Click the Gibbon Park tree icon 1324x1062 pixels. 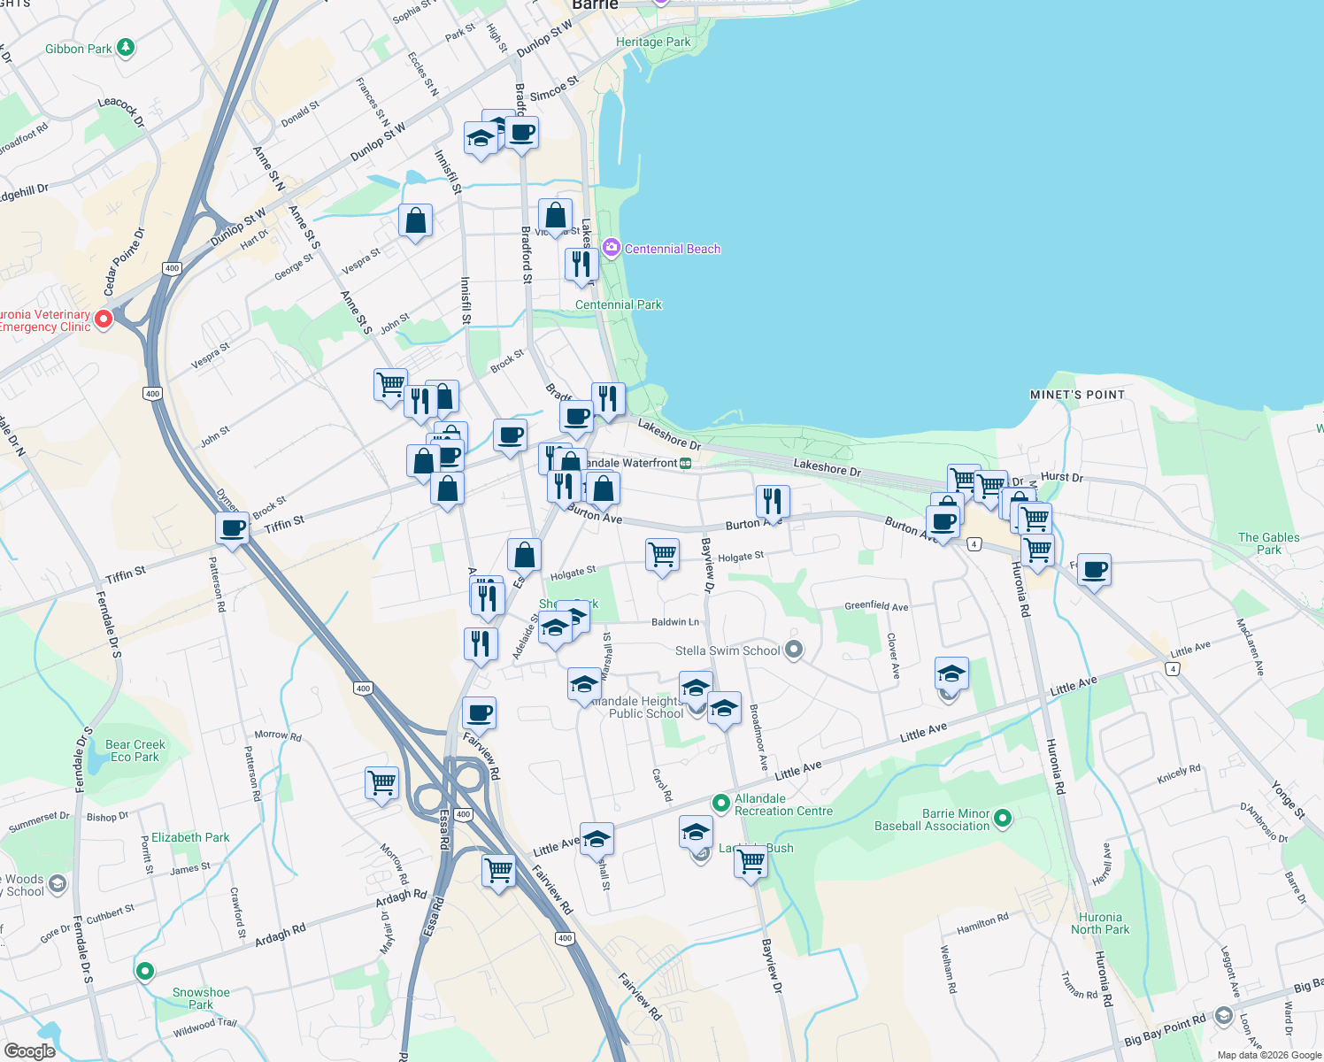tap(126, 47)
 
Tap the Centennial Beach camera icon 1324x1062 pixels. tap(611, 248)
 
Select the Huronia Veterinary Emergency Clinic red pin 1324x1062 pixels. tap(104, 319)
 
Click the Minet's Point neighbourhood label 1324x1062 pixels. tap(1077, 395)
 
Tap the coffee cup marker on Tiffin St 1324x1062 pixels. tap(233, 529)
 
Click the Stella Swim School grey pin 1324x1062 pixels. tap(794, 650)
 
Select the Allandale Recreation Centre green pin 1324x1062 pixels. tap(721, 804)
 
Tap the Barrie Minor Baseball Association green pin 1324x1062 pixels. tap(1003, 819)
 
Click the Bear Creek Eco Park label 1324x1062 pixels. tap(135, 750)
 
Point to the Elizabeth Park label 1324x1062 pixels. tap(190, 837)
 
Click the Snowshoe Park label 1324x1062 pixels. tap(201, 998)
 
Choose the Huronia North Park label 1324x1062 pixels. tap(1100, 923)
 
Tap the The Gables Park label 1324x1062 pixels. tap(1268, 543)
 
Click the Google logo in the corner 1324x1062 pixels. tap(29, 1050)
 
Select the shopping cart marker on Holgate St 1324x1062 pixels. tap(662, 555)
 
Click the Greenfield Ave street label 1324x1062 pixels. tap(876, 606)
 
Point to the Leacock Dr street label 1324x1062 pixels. tap(121, 112)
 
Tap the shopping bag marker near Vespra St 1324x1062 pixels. tap(415, 220)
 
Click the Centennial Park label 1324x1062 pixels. tap(619, 304)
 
